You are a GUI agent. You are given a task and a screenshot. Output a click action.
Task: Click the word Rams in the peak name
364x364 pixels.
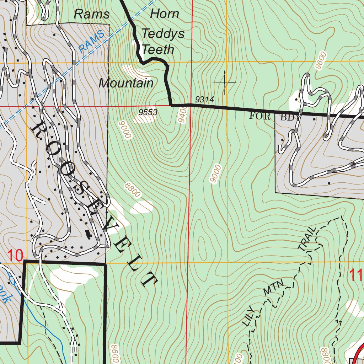pos(91,14)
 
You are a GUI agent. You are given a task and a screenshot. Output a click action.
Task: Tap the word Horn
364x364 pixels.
pos(164,14)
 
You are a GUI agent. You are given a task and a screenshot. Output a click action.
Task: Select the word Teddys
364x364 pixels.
pos(163,34)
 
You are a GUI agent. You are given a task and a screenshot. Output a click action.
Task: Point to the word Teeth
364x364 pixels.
pos(158,49)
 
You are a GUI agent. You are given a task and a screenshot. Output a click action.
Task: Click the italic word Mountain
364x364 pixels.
pos(126,83)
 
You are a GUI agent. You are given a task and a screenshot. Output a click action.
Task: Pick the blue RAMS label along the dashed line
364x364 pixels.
pos(92,42)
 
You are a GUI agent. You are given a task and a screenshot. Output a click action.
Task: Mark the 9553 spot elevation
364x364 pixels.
pos(148,113)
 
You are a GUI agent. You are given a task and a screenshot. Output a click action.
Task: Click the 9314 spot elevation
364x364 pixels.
pos(204,100)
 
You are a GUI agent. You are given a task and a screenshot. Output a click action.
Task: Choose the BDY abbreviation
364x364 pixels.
pos(289,117)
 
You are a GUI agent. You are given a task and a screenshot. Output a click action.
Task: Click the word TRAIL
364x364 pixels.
pos(307,239)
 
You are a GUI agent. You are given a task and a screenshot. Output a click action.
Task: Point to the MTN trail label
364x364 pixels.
pos(274,288)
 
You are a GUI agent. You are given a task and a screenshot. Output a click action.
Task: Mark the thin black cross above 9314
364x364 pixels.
pos(224,82)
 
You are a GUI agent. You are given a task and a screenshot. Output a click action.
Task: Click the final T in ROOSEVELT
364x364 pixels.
pos(149,280)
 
